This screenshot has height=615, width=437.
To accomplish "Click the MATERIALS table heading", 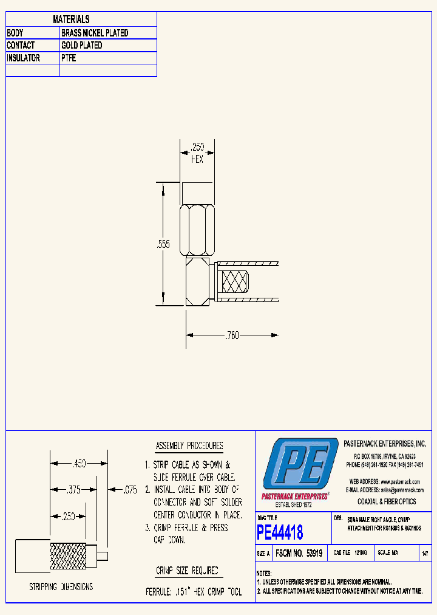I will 71,19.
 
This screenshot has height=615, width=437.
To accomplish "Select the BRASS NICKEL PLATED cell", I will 95,33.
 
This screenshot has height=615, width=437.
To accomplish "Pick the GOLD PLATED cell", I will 81,46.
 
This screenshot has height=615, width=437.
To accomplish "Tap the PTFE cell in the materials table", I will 69,58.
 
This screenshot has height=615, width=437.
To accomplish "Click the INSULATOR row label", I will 24,58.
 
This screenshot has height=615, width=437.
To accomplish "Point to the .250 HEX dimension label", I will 197,153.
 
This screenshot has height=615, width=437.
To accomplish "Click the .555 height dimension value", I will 163,244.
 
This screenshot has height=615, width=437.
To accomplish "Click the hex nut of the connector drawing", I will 197,230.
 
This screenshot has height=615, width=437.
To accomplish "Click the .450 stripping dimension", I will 80,464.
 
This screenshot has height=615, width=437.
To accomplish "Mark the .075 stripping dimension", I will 130,489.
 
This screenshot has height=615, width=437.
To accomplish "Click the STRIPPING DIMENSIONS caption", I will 61,587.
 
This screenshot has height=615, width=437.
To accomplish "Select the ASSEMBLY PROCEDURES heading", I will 189,446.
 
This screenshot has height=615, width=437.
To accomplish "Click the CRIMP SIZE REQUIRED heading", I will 187,571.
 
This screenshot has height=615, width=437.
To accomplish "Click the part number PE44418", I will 280,533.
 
